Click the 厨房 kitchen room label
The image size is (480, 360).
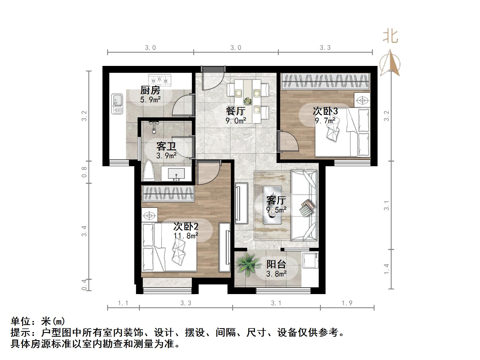point(150,90)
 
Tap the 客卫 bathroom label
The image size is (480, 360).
point(166,146)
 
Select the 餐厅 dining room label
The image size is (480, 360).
point(236,111)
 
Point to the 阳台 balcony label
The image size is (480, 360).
point(276,264)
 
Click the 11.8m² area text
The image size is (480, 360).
point(186,236)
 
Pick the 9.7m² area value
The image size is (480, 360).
point(325,121)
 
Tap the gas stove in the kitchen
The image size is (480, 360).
point(160,80)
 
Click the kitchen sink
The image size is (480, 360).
point(117,104)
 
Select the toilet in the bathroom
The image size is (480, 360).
point(149,171)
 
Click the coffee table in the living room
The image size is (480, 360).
point(272,205)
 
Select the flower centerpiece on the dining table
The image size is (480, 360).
point(248,101)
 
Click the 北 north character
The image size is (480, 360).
point(390,36)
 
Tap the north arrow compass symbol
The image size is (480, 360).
point(390,63)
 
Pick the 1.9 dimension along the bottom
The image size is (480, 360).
point(347,303)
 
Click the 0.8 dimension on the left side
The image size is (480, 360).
point(84,172)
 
